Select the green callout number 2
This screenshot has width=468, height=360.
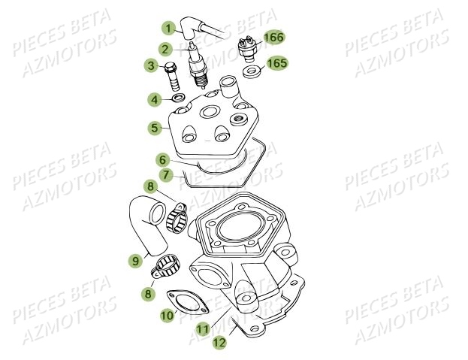(163, 49)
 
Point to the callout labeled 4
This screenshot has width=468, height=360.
(154, 99)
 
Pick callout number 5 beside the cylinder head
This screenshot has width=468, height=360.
(155, 128)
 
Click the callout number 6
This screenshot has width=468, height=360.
(162, 160)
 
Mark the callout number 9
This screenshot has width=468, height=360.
(135, 262)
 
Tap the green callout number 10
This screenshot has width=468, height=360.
(167, 316)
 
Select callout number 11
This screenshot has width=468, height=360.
(202, 329)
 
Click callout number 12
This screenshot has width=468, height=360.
(219, 342)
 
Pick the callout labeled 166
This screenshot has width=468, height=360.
(274, 36)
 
